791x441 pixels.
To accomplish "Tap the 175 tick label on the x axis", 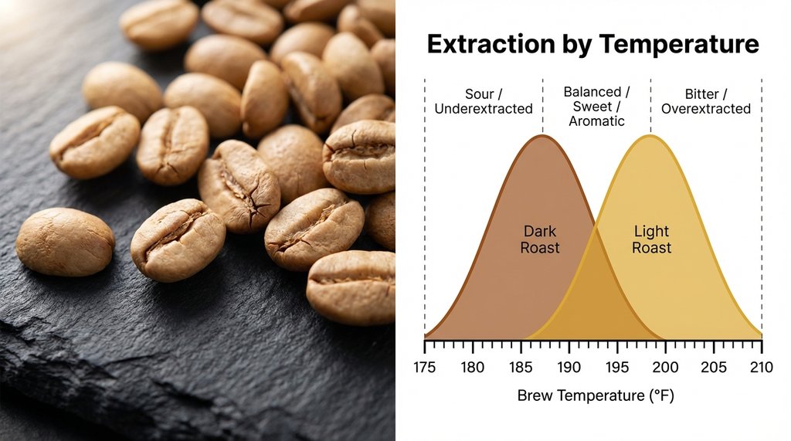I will click(425, 367).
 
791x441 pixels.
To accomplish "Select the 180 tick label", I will click(473, 367).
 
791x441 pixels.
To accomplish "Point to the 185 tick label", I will click(521, 367).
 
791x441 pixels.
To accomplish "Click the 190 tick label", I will click(569, 367).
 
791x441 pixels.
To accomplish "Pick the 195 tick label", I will click(617, 367).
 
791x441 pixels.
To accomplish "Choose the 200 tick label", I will click(666, 367).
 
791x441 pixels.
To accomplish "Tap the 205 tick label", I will click(714, 367).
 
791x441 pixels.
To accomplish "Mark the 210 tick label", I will click(762, 367).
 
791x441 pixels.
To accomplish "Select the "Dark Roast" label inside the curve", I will click(541, 239).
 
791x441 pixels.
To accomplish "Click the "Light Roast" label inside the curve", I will click(651, 239).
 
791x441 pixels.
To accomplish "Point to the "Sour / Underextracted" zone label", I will click(484, 101).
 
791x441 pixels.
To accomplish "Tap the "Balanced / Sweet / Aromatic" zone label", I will click(596, 107).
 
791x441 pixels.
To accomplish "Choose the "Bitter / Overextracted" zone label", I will click(706, 101).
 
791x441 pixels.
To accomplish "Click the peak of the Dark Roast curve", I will click(543, 136).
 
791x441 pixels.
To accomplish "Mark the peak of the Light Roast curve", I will click(650, 136).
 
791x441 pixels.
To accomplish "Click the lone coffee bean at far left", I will click(65, 241).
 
